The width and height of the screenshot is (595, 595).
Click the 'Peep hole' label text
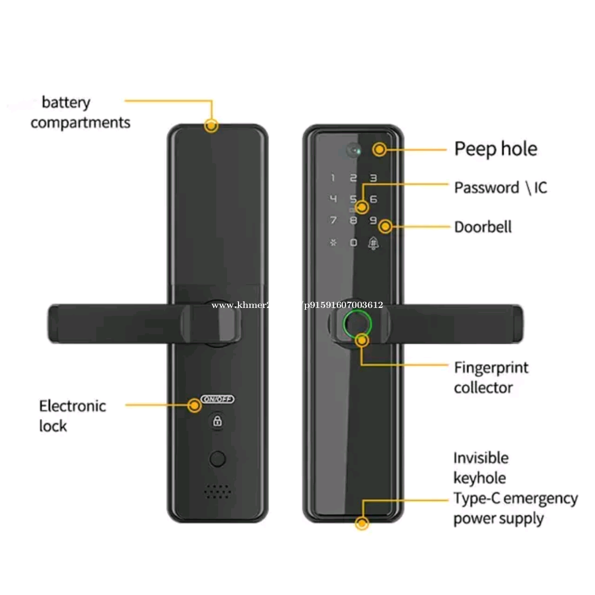click(495, 149)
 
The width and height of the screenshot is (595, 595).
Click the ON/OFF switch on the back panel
click(218, 399)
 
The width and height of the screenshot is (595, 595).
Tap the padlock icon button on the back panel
click(217, 421)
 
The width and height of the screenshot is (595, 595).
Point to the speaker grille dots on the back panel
click(217, 491)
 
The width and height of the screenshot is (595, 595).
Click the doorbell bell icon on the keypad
click(373, 243)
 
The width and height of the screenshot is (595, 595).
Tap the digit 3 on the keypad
click(373, 178)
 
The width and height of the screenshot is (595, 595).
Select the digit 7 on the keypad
click(333, 220)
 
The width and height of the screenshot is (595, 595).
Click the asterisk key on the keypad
click(333, 243)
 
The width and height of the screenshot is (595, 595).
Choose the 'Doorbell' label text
click(482, 227)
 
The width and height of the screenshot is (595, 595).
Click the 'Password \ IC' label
click(500, 188)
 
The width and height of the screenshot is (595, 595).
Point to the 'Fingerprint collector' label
click(490, 377)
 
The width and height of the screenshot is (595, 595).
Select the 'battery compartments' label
click(80, 113)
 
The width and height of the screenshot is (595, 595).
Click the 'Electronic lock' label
click(72, 416)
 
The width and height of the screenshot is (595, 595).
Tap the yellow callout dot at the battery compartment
click(211, 125)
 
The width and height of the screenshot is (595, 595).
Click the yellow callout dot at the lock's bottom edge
click(362, 523)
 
